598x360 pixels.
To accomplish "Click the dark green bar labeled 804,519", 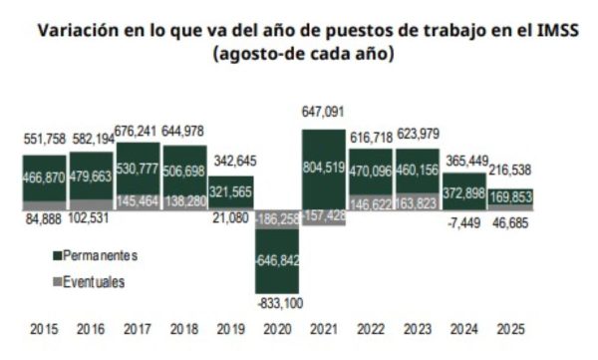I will [323, 169].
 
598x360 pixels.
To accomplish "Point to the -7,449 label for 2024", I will [463, 225].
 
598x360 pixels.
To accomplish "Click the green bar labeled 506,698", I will [183, 170].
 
